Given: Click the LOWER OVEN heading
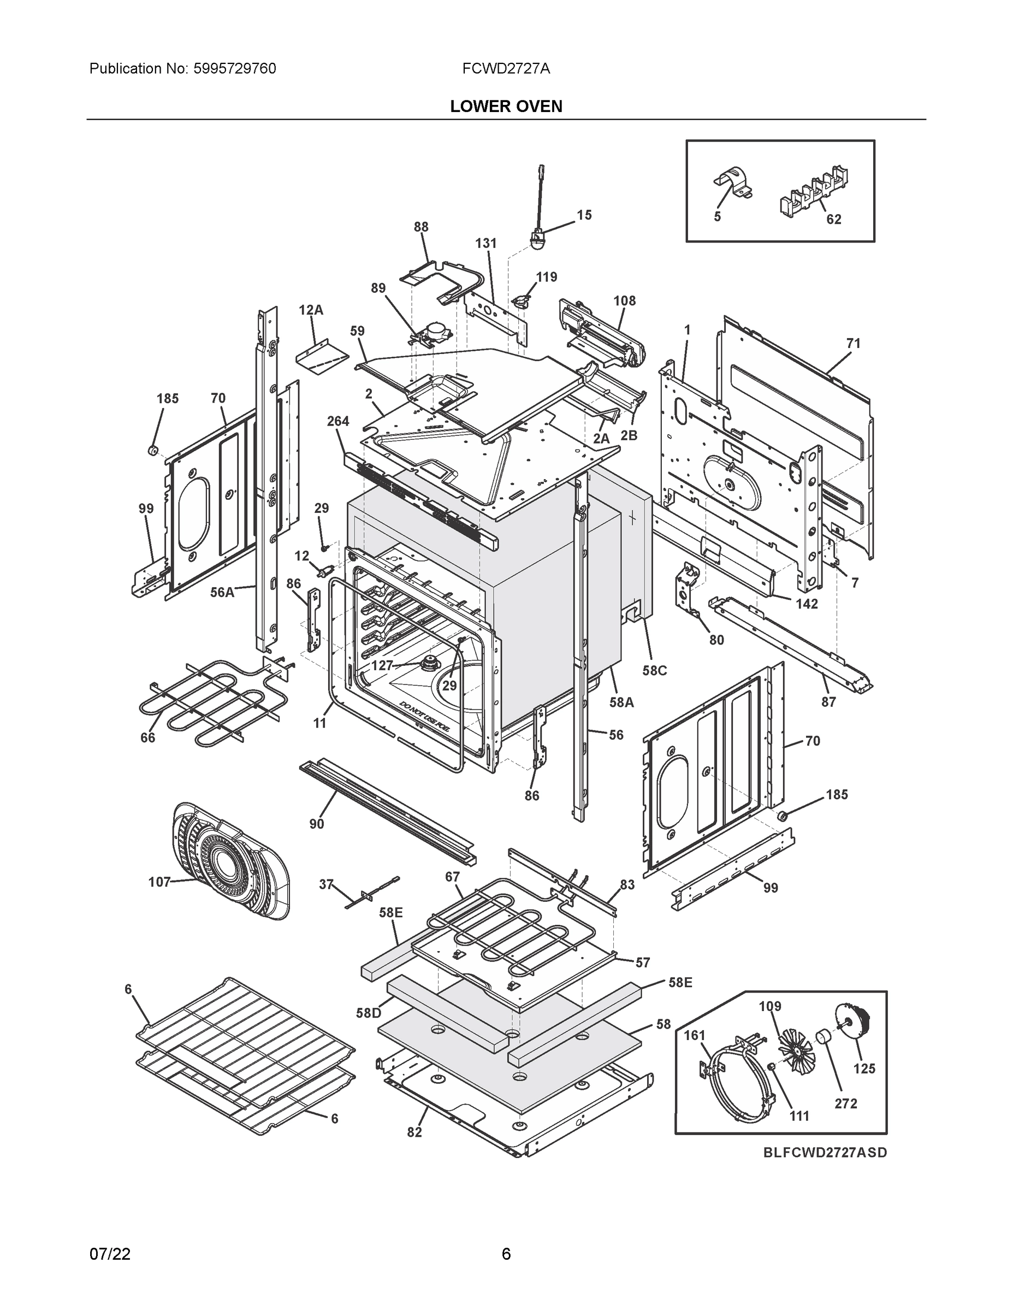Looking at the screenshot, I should (x=506, y=107).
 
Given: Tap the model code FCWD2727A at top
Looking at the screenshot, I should (x=506, y=69).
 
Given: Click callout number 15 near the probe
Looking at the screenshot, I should (x=584, y=215).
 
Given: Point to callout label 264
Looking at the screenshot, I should (x=338, y=421).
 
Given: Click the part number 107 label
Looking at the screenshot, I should (x=159, y=882).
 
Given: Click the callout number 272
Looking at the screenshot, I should (x=845, y=1103).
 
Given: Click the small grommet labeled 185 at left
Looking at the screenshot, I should (x=152, y=450).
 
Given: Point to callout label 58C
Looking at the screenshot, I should (x=654, y=670).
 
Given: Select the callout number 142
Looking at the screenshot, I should (x=807, y=604).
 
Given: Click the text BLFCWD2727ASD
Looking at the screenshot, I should (x=825, y=1153).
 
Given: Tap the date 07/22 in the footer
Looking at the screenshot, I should (x=110, y=1254).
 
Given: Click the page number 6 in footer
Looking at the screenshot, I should (x=506, y=1254).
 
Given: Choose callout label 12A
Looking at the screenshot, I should (x=311, y=310).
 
